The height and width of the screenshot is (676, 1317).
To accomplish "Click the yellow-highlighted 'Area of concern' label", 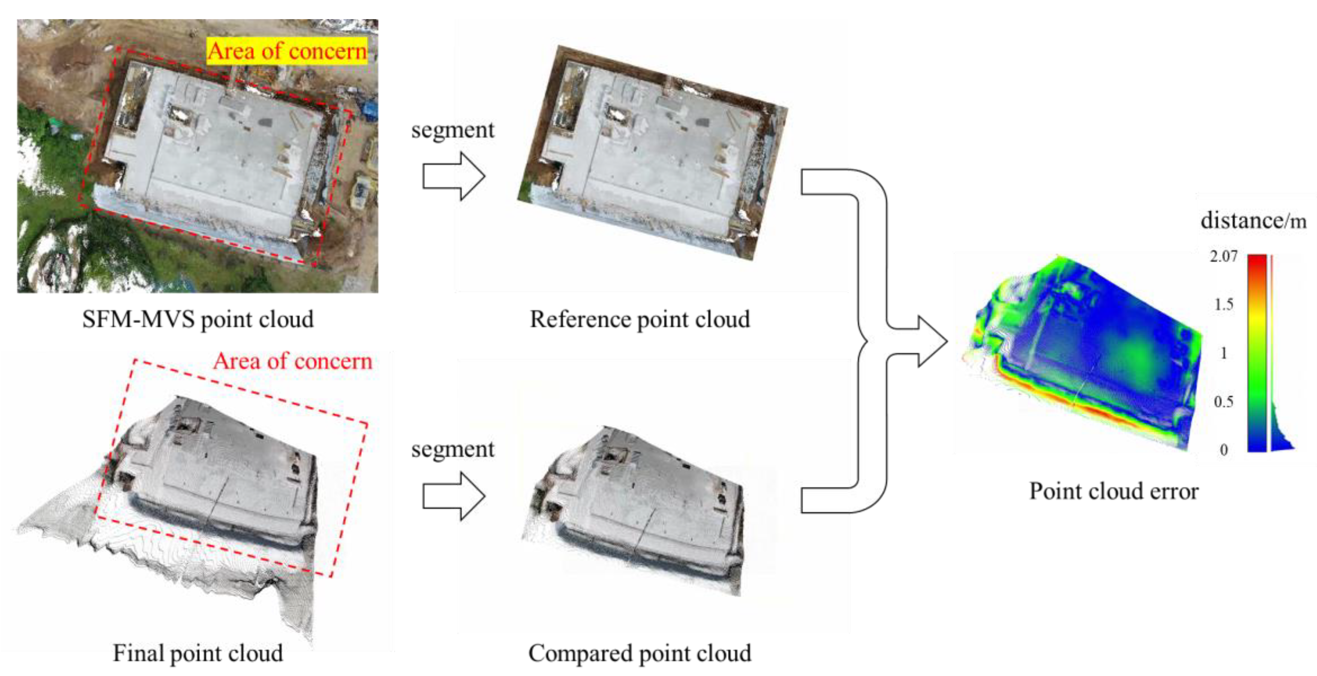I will [287, 51].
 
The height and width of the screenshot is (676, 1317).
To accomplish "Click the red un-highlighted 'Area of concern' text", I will [292, 361].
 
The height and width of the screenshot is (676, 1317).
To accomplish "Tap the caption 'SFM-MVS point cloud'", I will [198, 319].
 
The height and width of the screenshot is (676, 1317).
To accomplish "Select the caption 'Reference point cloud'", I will [640, 319].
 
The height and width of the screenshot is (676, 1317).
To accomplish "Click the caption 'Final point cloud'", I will [198, 653].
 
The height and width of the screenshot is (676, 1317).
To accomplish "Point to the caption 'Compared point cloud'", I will [640, 653].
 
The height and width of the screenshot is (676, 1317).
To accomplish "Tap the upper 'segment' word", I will [452, 129].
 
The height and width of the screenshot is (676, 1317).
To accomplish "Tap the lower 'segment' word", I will [452, 449].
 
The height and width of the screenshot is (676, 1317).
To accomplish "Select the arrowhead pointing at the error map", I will [933, 341].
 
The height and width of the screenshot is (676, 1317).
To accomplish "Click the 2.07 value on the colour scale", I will [1223, 256].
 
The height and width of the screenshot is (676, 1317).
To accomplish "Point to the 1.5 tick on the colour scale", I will [1223, 304].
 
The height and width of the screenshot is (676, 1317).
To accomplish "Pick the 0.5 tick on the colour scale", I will [1223, 402].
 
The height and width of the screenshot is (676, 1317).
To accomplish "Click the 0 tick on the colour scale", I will [1223, 450].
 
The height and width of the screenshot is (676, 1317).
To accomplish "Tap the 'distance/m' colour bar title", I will [1253, 221].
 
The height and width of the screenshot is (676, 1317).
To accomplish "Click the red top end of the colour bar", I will [1257, 261].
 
